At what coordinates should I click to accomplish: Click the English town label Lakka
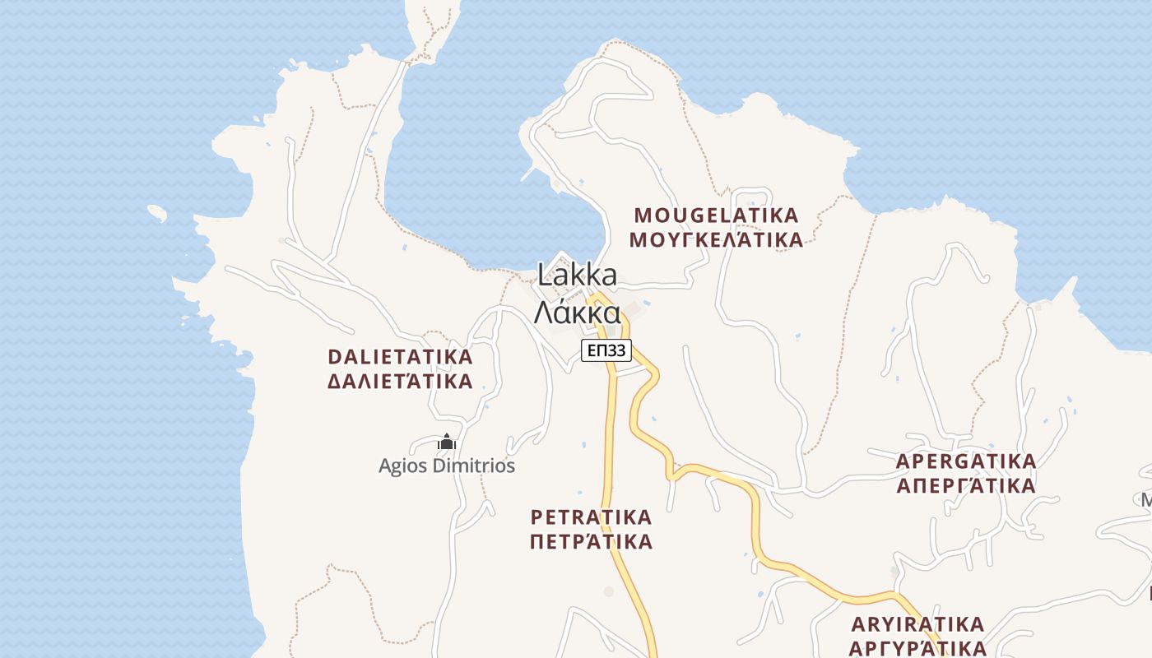[x=577, y=274]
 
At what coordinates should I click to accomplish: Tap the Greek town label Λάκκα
[x=577, y=313]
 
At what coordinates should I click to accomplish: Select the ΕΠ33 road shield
[x=606, y=351]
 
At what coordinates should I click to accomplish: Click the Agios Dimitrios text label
[x=447, y=466]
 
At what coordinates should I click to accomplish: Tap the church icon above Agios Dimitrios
[x=447, y=443]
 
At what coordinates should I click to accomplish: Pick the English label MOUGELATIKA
[x=716, y=215]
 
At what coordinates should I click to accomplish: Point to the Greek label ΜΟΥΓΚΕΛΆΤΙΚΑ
[x=716, y=240]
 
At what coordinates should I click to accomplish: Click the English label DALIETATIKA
[x=400, y=357]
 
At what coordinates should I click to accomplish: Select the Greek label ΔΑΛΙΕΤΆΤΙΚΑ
[x=400, y=382]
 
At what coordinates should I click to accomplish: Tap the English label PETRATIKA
[x=591, y=517]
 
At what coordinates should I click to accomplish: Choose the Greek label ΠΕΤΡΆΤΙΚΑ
[x=591, y=542]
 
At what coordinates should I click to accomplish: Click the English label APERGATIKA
[x=966, y=461]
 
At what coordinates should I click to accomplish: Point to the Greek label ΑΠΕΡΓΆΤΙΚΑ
[x=966, y=485]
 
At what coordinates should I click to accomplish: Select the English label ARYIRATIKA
[x=918, y=623]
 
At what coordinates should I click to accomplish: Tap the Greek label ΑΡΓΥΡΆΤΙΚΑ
[x=918, y=647]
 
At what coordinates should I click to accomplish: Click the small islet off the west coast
[x=157, y=213]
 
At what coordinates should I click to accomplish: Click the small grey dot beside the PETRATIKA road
[x=609, y=591]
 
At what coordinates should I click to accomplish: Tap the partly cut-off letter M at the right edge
[x=1146, y=499]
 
